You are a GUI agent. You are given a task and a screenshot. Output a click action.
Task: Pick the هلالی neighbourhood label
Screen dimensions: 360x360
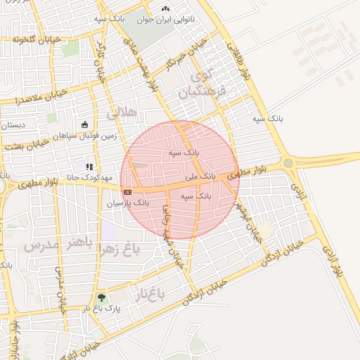[120, 112]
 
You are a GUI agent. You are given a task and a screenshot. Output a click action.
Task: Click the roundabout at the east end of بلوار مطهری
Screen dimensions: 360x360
[288, 163]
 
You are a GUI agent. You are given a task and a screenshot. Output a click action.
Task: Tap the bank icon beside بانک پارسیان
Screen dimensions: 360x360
[127, 191]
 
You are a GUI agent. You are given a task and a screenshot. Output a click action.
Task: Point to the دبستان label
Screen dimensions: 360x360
[13, 125]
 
